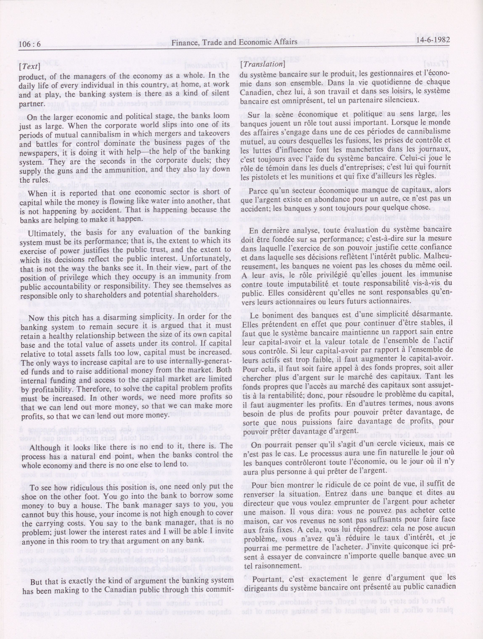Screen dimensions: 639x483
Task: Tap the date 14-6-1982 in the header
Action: point(432,40)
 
